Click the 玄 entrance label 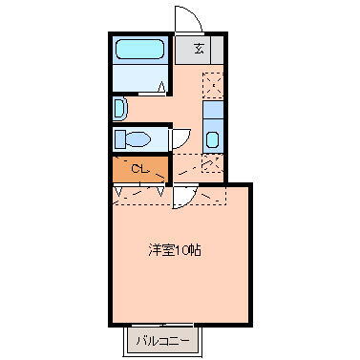pos(199,50)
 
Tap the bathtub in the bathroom pos(140,51)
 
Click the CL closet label pos(139,170)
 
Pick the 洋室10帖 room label pos(173,250)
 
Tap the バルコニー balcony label pos(160,340)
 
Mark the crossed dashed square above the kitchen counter pos(212,84)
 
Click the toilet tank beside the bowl pos(118,139)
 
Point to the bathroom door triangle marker pos(161,87)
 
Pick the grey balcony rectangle pos(160,340)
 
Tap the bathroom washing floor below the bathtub pos(140,79)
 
